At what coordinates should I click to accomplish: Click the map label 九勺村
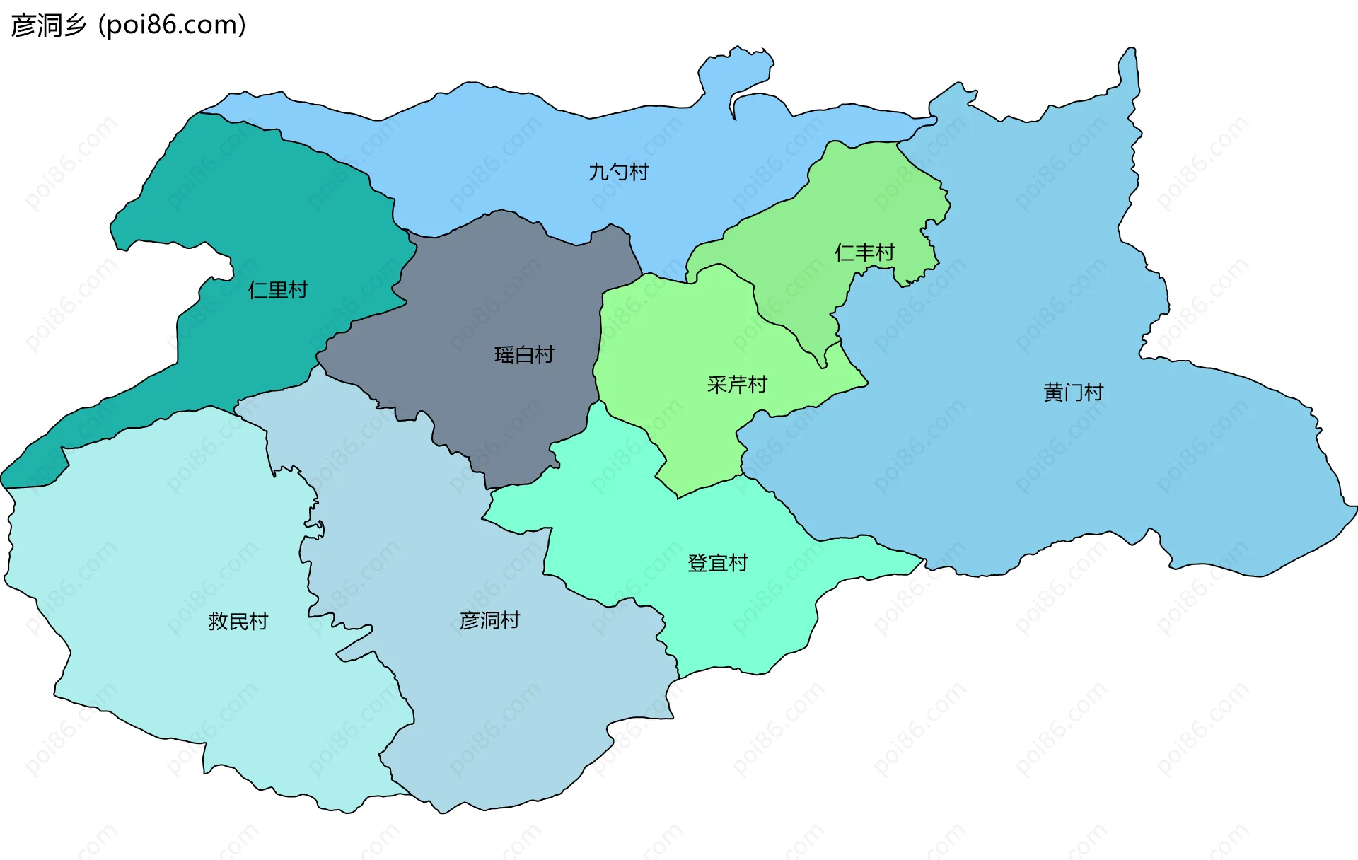[618, 172]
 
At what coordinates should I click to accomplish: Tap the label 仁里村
[277, 290]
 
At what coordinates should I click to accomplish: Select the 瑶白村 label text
[523, 355]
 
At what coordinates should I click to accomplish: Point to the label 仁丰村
[864, 252]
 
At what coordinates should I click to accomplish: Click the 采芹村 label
[737, 385]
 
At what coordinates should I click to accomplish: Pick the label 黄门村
[1073, 393]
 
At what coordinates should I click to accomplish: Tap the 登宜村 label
[717, 564]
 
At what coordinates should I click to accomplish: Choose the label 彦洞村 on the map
[489, 621]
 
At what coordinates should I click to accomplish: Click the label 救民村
[238, 622]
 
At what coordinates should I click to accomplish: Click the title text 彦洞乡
[48, 25]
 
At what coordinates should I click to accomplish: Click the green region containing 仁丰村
[870, 198]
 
